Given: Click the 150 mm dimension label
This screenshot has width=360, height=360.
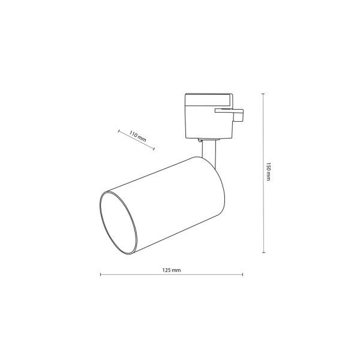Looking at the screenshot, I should (x=269, y=173).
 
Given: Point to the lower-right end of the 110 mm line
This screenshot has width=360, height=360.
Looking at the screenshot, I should (x=156, y=149).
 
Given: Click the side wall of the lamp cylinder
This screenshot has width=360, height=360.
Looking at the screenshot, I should (x=165, y=192).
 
